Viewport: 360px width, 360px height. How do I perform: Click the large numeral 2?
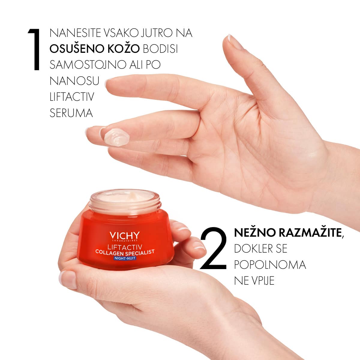[214, 248]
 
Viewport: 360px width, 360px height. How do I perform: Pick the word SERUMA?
[71, 113]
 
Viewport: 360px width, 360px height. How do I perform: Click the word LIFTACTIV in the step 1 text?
[72, 97]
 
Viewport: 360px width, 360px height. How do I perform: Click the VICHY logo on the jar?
[124, 236]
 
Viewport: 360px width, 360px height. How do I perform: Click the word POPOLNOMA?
[270, 265]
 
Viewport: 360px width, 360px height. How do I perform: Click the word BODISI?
[160, 49]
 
